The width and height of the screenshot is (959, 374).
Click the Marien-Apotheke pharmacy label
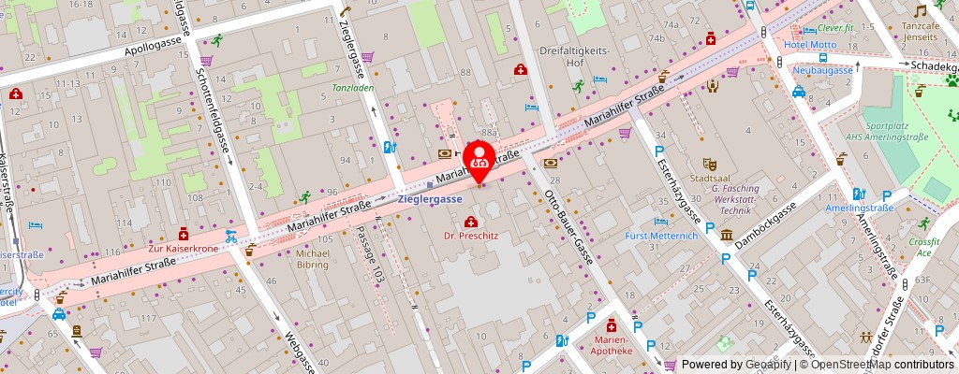click(x=610, y=345)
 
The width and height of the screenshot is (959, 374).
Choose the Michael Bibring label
click(x=312, y=259)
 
